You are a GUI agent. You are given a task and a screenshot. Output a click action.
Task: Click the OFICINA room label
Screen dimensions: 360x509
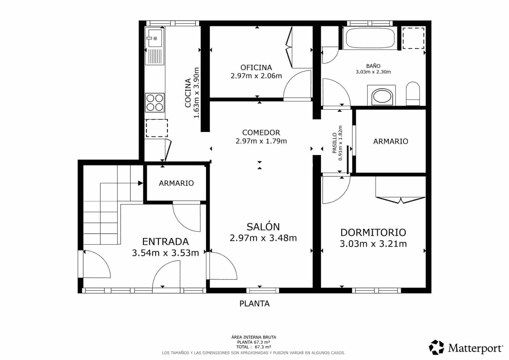click(x=256, y=67)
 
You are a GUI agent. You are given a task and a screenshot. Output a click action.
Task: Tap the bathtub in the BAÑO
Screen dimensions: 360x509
click(x=370, y=38)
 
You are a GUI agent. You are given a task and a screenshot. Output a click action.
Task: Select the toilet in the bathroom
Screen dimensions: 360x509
click(x=413, y=94)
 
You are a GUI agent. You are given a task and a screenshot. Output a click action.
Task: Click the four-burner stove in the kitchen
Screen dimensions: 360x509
click(x=155, y=102)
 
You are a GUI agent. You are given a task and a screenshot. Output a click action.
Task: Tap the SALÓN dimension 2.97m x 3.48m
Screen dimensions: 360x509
click(x=263, y=238)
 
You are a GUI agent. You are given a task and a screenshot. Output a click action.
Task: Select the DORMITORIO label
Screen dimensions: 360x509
click(x=373, y=232)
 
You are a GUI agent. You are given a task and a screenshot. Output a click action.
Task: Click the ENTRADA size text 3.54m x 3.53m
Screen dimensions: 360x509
click(x=165, y=253)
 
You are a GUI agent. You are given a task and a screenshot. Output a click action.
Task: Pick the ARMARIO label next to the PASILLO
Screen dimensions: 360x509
click(x=391, y=141)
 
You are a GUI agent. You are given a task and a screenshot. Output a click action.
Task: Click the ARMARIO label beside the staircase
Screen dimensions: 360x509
click(x=176, y=183)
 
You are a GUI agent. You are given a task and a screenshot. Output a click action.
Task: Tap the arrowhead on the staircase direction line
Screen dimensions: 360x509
click(x=140, y=183)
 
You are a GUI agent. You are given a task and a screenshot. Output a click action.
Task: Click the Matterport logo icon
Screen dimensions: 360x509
click(x=436, y=347)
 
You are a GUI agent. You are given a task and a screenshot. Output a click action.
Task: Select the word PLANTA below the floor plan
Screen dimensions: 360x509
click(x=254, y=304)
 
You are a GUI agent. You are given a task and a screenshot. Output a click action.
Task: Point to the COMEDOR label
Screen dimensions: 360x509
click(x=261, y=132)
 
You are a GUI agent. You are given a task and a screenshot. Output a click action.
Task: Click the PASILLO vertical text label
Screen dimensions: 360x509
click(x=334, y=143)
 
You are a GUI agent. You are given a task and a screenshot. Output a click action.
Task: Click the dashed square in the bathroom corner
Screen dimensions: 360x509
click(x=413, y=38)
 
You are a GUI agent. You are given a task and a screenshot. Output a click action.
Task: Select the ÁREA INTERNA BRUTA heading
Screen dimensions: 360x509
click(x=254, y=337)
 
